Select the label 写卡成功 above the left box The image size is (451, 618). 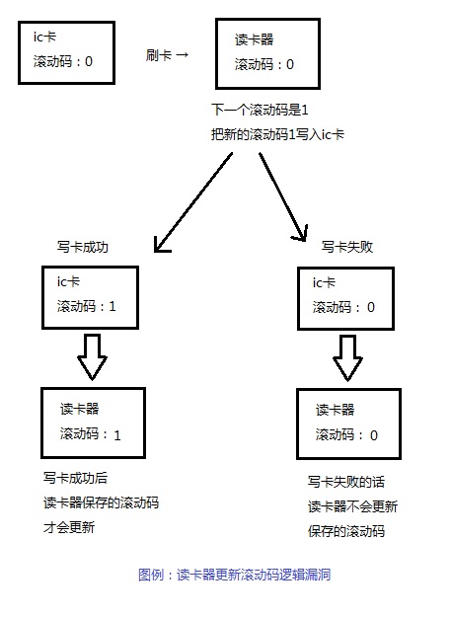pos(83,248)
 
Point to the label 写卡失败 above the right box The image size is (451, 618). pos(346,247)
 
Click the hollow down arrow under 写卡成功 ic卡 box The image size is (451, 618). pos(92,355)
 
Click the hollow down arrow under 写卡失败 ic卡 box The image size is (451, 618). pos(347,356)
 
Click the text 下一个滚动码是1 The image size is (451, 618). pos(261,110)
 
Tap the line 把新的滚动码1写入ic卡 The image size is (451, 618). pos(277,132)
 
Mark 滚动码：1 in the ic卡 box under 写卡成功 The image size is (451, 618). pos(86,306)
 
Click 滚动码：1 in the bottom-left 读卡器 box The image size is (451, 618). pos(90,433)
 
